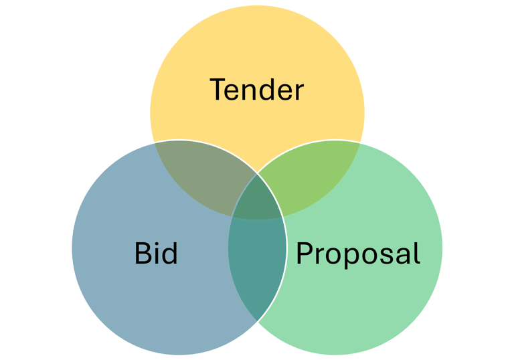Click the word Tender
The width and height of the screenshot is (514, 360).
pyautogui.click(x=257, y=90)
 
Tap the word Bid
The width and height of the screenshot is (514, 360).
pyautogui.click(x=156, y=254)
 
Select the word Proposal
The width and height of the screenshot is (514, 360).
pyautogui.click(x=358, y=254)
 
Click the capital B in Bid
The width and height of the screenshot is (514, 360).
pyautogui.click(x=143, y=254)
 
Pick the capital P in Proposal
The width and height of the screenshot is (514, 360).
pyautogui.click(x=305, y=254)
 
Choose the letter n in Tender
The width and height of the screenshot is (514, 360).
pyautogui.click(x=253, y=92)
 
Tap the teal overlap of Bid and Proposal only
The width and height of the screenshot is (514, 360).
pyautogui.click(x=257, y=268)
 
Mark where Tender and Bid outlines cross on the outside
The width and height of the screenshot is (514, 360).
pyautogui.click(x=154, y=142)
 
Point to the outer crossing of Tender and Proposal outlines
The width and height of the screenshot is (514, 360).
pyautogui.click(x=360, y=142)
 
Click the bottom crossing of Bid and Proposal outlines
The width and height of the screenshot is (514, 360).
pyautogui.click(x=257, y=322)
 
